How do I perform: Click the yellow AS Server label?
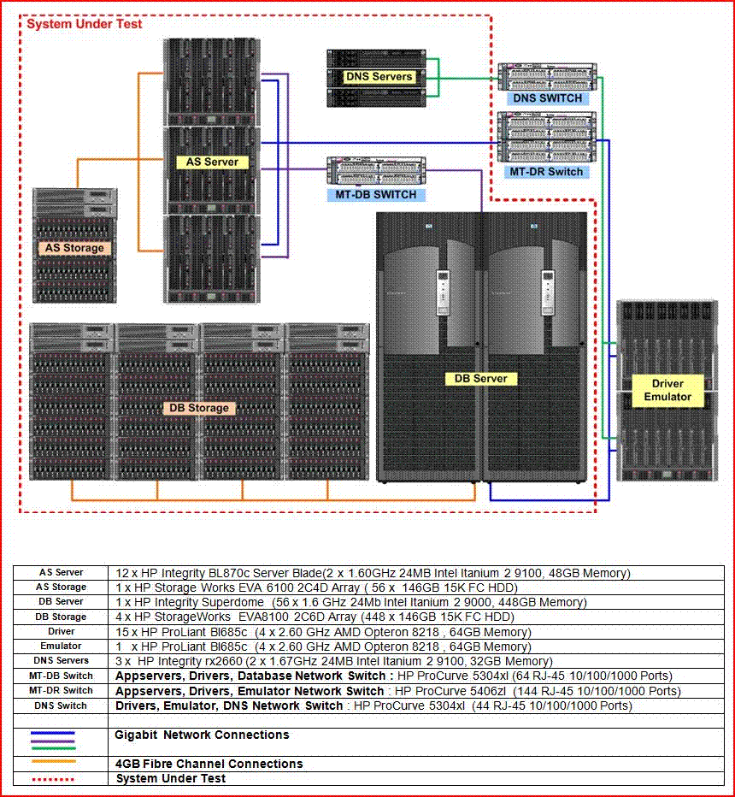point(212,162)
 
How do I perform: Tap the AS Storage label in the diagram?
point(74,248)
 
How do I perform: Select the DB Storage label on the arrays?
point(199,408)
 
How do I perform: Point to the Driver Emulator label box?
point(667,390)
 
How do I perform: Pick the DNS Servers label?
point(379,77)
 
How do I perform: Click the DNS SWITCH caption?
point(547,98)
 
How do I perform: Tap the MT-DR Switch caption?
point(546,172)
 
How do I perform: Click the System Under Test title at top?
point(85,24)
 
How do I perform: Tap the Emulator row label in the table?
point(61,646)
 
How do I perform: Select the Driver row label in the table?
point(61,632)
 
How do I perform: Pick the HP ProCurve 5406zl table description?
point(398,691)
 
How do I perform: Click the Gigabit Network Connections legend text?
point(202,735)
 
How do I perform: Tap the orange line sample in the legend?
point(52,761)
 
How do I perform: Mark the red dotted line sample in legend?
point(52,778)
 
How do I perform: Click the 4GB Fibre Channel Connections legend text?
point(209,764)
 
